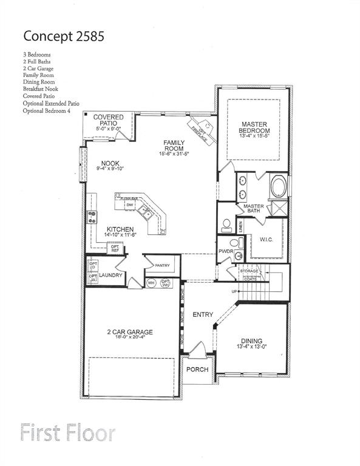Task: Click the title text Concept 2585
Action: coord(64,36)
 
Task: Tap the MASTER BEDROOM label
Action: coord(254,127)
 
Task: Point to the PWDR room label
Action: coord(226,251)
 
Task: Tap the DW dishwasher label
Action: coord(129,206)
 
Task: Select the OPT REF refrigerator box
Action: coord(115,248)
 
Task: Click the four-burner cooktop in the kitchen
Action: coord(92,217)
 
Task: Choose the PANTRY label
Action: coord(162,265)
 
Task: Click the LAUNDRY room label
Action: coord(112,275)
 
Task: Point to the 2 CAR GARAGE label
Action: coord(130,332)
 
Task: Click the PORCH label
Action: coord(197,370)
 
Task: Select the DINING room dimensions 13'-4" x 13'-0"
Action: coord(252,347)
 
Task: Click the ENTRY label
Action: coord(203,314)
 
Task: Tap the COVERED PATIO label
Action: coord(109,120)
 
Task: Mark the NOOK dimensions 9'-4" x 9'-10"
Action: coord(110,169)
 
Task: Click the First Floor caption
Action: coord(67,433)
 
